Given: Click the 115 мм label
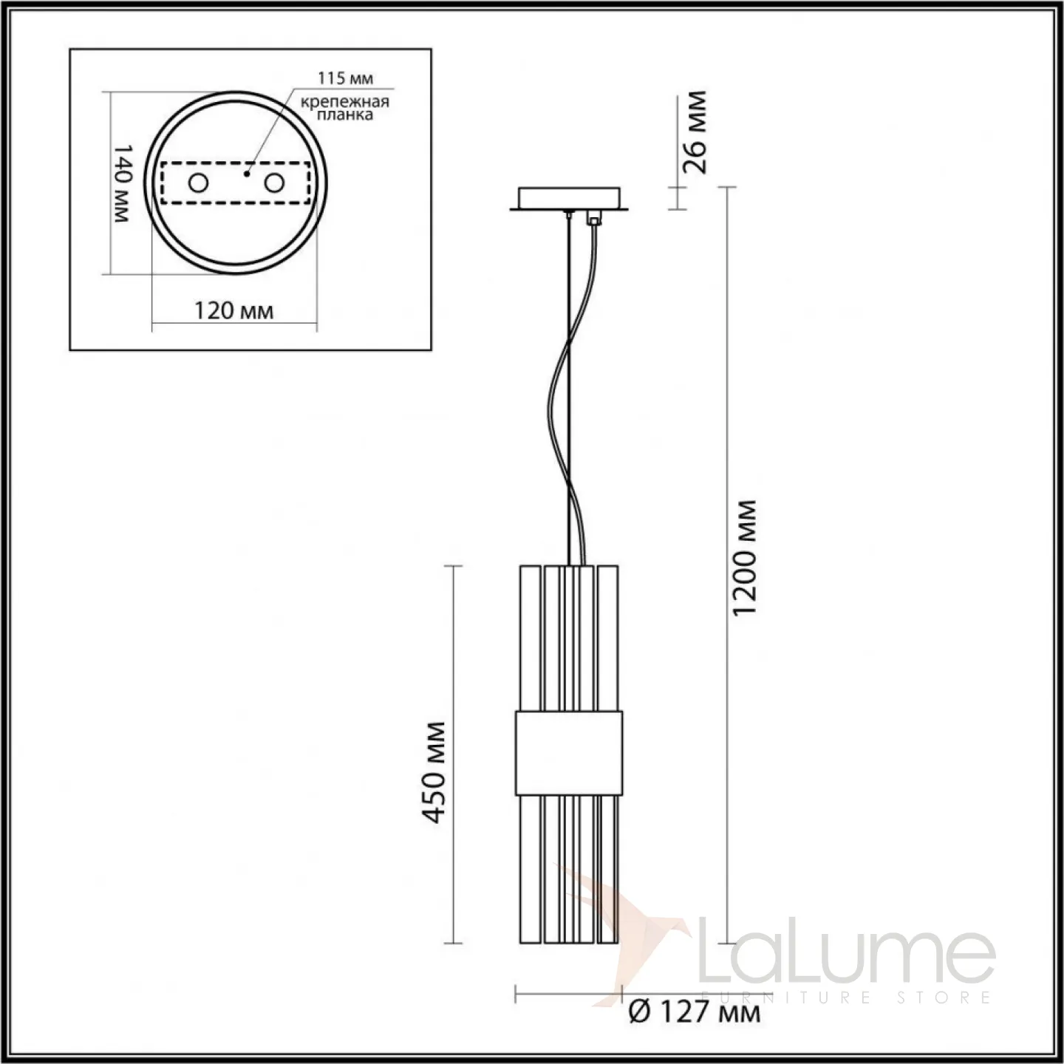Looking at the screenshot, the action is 346,78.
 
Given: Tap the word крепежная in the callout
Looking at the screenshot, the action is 345,102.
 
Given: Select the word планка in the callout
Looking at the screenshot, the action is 345,115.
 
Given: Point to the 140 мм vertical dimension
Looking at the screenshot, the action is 121,183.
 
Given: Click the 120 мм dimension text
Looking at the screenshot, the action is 233,311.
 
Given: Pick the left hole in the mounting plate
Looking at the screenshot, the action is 198,183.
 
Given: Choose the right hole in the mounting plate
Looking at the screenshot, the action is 274,183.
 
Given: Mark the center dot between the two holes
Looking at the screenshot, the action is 247,174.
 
